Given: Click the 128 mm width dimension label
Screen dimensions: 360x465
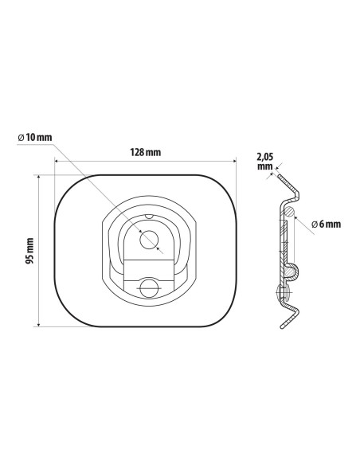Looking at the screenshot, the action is click(x=146, y=152).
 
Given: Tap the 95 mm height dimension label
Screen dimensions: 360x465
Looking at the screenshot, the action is click(x=29, y=251).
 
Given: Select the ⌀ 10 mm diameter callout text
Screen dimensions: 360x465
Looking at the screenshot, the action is click(x=35, y=137).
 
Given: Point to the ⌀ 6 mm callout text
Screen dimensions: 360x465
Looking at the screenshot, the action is click(x=326, y=225).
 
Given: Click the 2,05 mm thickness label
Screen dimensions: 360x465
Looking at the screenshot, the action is click(x=264, y=162).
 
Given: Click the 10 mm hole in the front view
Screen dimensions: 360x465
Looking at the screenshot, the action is click(x=149, y=240).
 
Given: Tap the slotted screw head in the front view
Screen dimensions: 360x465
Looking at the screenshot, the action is click(x=149, y=288).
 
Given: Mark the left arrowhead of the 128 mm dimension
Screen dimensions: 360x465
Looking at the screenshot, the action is click(x=57, y=161).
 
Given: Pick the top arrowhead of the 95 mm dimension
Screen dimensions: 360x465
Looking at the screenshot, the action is click(x=38, y=177).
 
